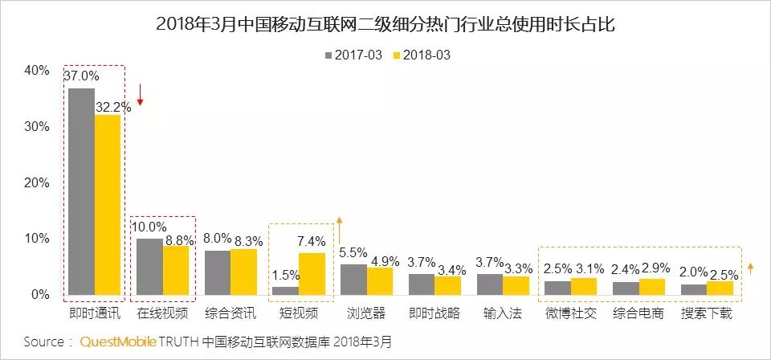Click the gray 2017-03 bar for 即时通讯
coord(81,191)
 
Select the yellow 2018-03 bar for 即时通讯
coord(107,205)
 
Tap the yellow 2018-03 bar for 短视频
coord(312,274)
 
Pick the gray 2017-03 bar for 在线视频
coord(149,267)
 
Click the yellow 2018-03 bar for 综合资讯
coord(243,272)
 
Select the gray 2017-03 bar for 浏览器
coord(353,279)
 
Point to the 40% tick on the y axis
coord(36,71)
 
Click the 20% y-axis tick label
coord(36,183)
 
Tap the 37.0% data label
coord(81,76)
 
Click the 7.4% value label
coord(312,241)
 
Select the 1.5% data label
coord(284,276)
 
